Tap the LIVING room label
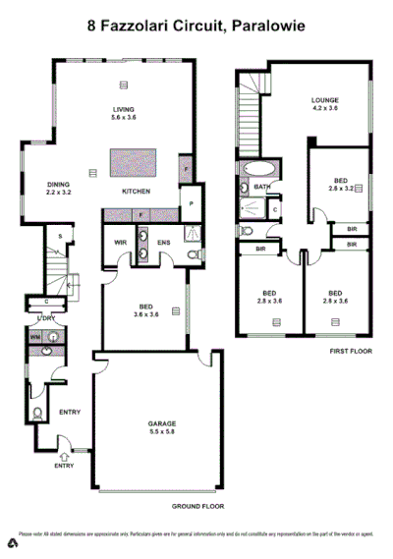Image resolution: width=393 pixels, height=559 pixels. pyautogui.click(x=125, y=110)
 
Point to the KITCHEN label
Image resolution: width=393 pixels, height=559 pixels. pyautogui.click(x=136, y=191)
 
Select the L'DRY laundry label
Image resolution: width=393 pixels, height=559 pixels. pyautogui.click(x=44, y=318)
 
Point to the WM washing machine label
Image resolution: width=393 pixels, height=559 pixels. pyautogui.click(x=36, y=337)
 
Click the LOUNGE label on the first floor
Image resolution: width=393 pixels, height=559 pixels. pyautogui.click(x=325, y=99)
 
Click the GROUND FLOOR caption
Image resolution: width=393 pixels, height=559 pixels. pyautogui.click(x=197, y=506)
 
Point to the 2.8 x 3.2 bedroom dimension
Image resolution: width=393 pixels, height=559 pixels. pyautogui.click(x=341, y=188)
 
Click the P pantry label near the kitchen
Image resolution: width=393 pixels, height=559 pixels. pyautogui.click(x=190, y=204)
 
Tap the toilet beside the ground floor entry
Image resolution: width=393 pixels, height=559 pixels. pyautogui.click(x=37, y=414)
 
